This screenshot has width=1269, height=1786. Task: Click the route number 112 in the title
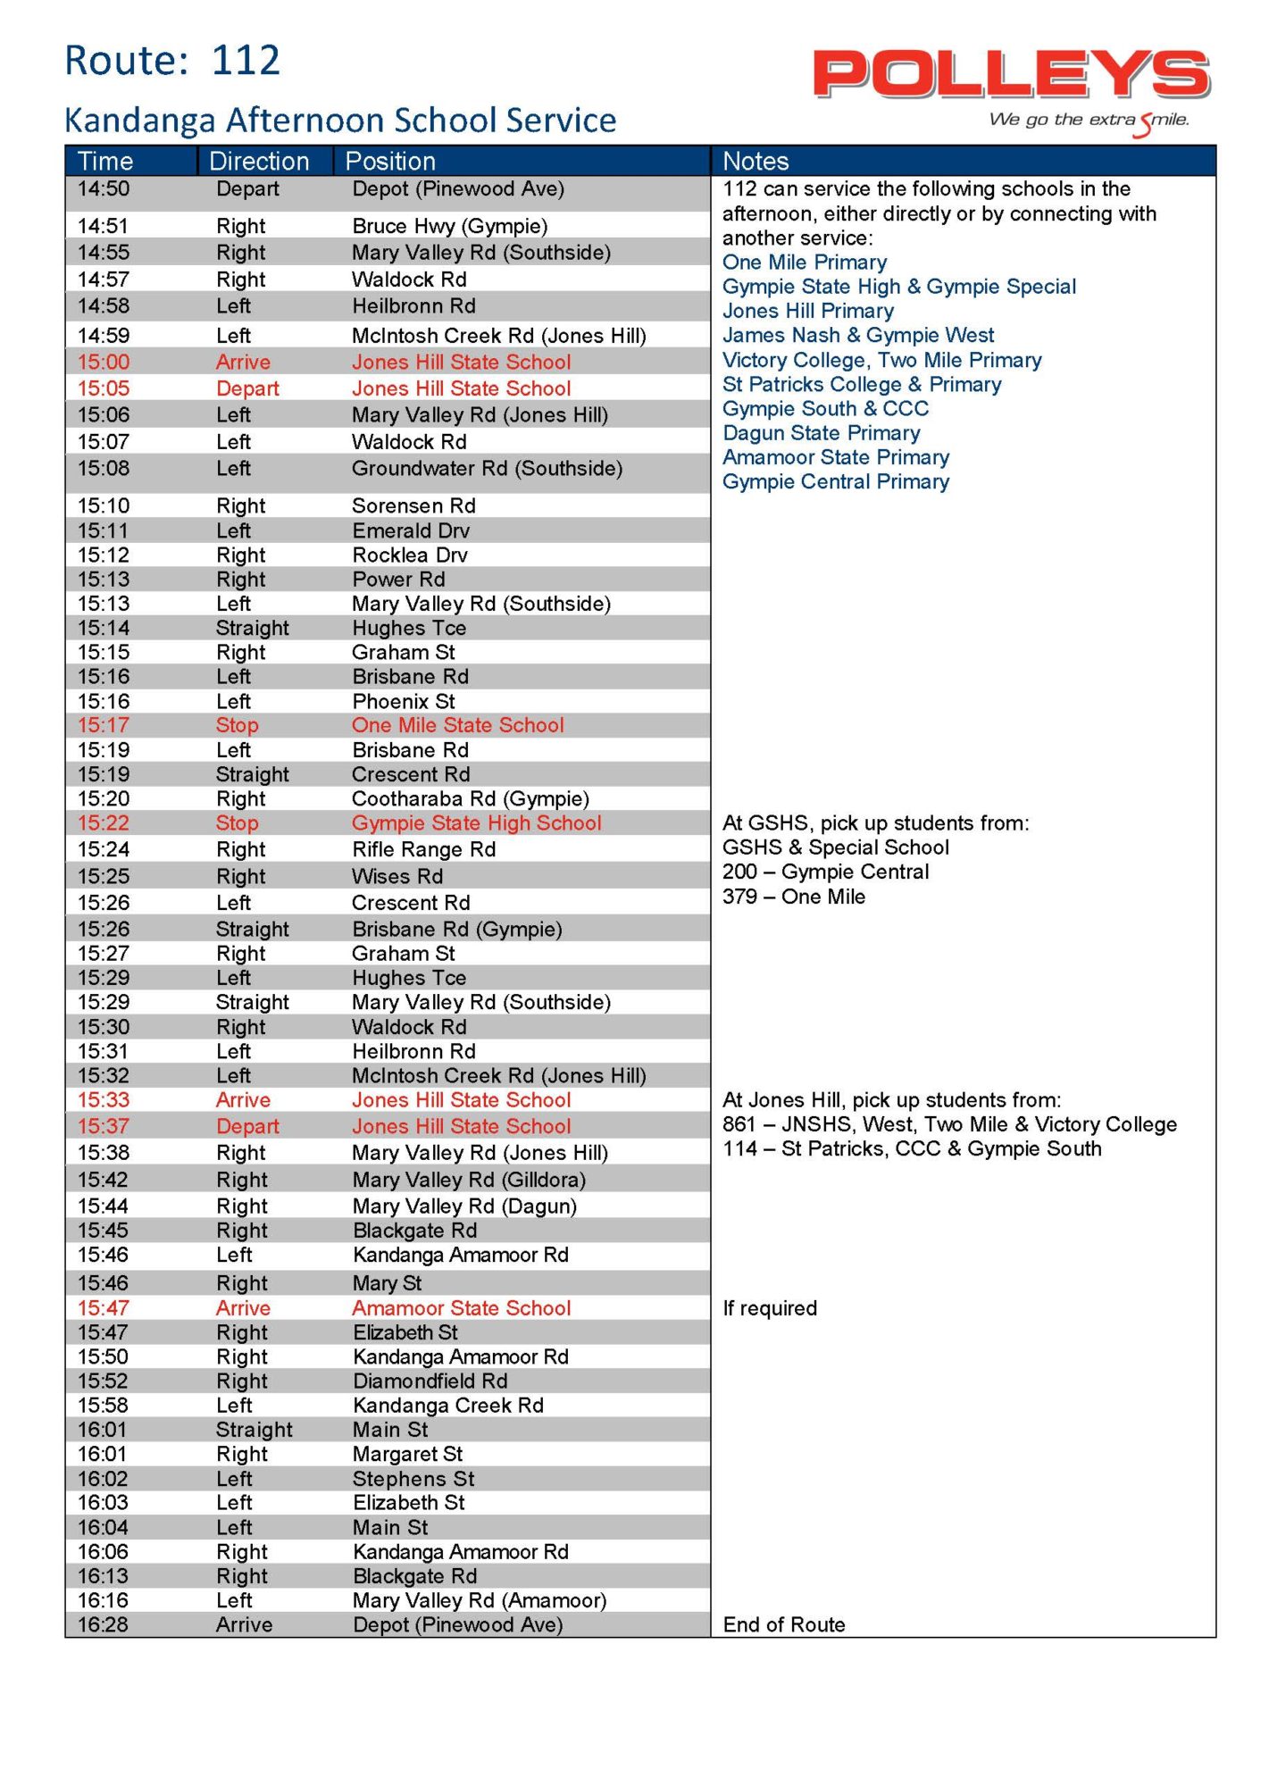pos(246,61)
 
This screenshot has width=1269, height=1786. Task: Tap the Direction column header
pos(259,162)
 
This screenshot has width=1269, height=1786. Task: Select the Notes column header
pos(756,162)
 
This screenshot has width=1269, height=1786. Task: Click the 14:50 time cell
pos(104,189)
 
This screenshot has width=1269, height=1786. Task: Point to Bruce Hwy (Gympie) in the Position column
pos(449,226)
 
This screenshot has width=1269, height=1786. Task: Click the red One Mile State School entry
pos(457,725)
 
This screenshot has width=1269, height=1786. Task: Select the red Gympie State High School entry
pos(476,823)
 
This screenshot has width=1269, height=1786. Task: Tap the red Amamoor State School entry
pos(461,1308)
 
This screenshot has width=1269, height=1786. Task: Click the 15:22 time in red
pos(104,823)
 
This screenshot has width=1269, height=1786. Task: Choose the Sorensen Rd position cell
pos(413,506)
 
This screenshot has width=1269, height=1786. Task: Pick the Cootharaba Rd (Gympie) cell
pos(470,799)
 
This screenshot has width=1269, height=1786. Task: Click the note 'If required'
pos(770,1309)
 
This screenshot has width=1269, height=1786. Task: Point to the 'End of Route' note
pos(783,1625)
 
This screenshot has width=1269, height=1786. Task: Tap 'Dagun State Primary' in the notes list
pos(821,433)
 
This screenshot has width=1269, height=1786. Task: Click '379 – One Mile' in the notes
pos(793,897)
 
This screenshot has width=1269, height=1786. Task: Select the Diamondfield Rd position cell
pos(430,1381)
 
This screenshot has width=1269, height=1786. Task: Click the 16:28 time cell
pos(104,1625)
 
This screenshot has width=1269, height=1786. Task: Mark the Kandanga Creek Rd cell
pos(447,1406)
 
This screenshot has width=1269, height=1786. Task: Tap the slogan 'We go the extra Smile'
pos(1088,121)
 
